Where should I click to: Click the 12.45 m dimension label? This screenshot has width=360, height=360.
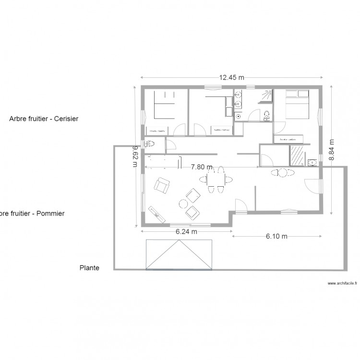[231, 77]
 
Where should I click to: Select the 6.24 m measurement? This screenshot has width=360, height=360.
[186, 231]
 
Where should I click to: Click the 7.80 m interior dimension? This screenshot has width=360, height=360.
[201, 167]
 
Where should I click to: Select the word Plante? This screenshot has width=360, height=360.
[89, 268]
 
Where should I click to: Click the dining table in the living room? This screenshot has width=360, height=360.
[215, 180]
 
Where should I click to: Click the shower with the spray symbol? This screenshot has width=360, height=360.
[265, 96]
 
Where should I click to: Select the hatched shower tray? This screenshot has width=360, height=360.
[297, 156]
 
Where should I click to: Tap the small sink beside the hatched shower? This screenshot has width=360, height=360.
[312, 162]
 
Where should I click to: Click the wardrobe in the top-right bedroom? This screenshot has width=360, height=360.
[288, 139]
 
